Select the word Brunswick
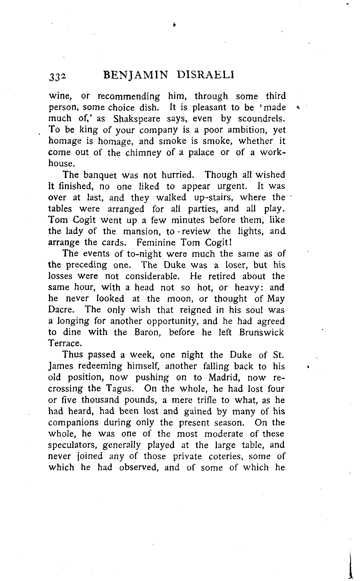[262, 332]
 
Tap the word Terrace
[65, 343]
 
